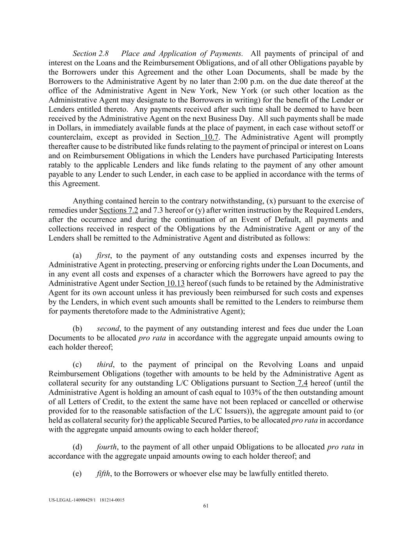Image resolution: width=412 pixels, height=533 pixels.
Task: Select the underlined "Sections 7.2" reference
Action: (119, 210)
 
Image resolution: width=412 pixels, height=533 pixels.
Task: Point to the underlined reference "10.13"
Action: (175, 283)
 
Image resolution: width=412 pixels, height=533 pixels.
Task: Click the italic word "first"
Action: (103, 255)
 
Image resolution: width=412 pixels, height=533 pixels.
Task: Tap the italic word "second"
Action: (108, 328)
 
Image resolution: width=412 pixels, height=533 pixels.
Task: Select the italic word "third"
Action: (105, 364)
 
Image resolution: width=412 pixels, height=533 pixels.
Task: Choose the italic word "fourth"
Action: (107, 447)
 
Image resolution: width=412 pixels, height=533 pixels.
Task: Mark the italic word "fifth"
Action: (103, 474)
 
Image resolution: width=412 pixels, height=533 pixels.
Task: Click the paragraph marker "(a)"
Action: (77, 255)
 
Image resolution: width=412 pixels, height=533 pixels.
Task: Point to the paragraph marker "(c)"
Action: (77, 364)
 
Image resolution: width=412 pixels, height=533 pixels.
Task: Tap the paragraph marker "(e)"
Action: (77, 474)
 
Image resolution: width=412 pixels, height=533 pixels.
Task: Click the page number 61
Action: (206, 506)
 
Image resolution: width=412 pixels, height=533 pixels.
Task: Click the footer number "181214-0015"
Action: (112, 500)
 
